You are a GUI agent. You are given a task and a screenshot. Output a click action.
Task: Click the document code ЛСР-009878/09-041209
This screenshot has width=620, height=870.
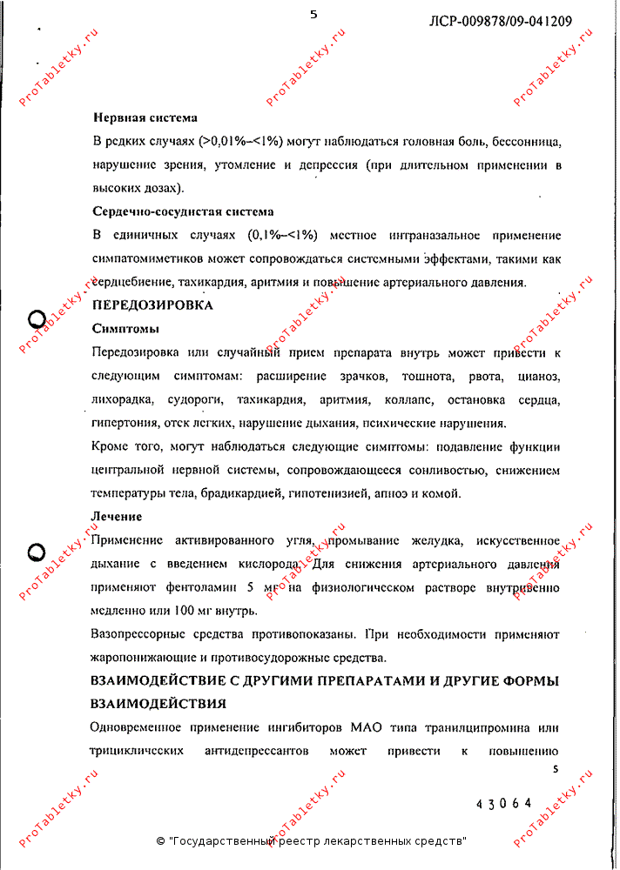[501, 21]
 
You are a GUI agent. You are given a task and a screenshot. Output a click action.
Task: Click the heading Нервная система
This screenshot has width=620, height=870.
[145, 117]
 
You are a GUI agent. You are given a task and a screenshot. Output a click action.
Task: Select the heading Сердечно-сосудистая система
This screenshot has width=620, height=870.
[183, 211]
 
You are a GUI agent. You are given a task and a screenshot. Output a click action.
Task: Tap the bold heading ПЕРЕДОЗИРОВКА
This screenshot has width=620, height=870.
[152, 305]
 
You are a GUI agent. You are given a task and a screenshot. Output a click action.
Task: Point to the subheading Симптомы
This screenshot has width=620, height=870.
[125, 329]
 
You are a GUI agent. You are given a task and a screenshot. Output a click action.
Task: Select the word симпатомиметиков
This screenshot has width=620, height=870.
[147, 258]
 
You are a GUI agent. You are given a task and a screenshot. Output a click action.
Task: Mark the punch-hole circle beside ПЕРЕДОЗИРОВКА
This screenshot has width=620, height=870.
[37, 318]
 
